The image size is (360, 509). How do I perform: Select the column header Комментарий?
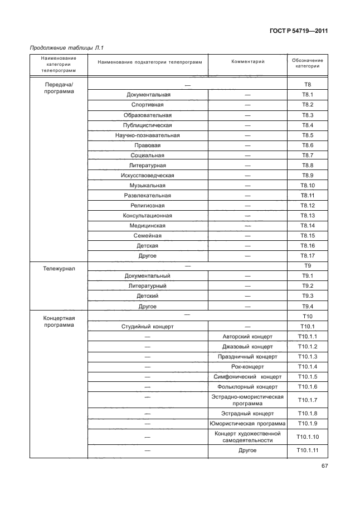[247, 62]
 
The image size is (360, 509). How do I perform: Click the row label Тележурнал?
[59, 268]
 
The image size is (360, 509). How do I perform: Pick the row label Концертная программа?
[59, 322]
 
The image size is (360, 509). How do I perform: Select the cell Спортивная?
[147, 105]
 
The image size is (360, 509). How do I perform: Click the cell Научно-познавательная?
[147, 135]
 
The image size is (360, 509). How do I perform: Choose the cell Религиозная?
[147, 205]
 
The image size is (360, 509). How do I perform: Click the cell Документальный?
[147, 276]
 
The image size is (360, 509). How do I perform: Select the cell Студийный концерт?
[147, 326]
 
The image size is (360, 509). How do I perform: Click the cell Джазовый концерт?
[247, 346]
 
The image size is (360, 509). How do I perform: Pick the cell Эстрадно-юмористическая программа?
[247, 400]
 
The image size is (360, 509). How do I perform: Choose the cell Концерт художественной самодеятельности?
[247, 437]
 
